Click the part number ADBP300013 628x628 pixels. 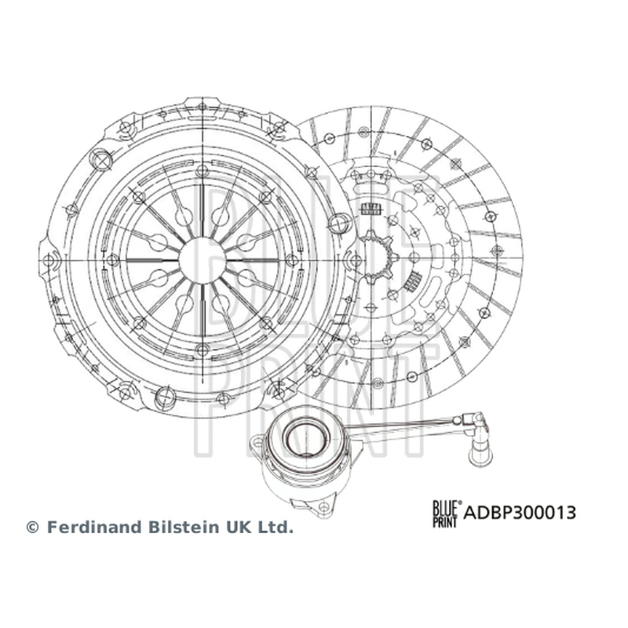pos(520,513)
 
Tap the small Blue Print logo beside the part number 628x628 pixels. pos(447,514)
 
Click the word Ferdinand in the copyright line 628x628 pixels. pos(95,527)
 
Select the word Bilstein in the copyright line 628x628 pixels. pos(185,527)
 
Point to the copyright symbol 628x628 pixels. pos(32,528)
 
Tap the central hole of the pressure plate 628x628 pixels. pos(203,261)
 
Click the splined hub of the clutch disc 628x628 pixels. pos(377,257)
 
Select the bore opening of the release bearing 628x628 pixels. pos(305,438)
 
